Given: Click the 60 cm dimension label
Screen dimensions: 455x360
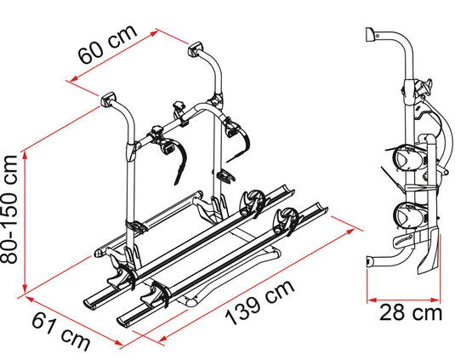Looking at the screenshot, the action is tap(107, 44).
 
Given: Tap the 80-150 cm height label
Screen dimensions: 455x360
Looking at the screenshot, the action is tap(9, 210).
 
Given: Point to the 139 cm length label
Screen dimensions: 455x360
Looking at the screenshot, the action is tap(260, 303).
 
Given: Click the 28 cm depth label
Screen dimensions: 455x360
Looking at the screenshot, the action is tap(411, 312).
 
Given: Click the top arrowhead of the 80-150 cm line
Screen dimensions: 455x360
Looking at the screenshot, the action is tap(25, 155).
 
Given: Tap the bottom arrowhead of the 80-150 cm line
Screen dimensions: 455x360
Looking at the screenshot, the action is tap(25, 289).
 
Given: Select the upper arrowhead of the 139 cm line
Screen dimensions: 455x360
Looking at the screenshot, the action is tap(350, 231).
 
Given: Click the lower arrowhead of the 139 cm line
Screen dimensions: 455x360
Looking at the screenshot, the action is tap(162, 339).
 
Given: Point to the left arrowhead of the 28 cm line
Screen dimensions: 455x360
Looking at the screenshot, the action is tap(372, 300).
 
